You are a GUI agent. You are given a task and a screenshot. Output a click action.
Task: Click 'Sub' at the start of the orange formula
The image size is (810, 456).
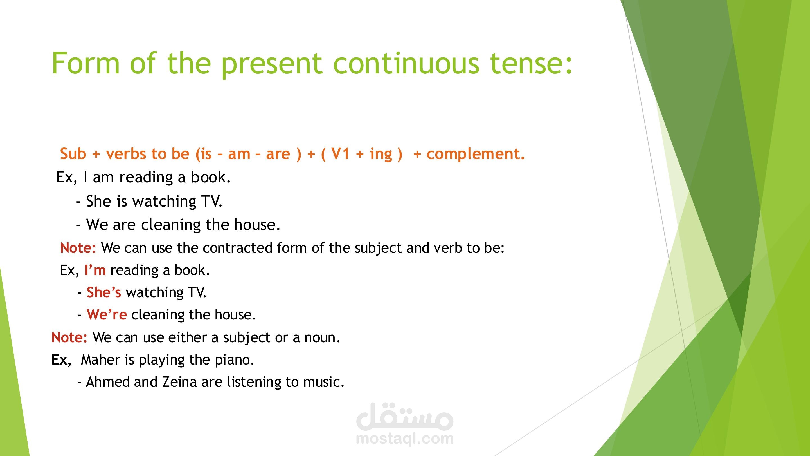click(73, 154)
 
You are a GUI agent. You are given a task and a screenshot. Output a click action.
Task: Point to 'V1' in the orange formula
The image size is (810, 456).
click(341, 154)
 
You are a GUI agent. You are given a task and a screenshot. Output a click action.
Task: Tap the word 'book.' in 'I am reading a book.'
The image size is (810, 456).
click(211, 177)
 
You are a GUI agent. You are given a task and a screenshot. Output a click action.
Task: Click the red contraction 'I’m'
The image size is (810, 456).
click(95, 270)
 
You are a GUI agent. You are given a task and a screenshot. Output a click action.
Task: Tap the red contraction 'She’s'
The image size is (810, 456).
click(104, 292)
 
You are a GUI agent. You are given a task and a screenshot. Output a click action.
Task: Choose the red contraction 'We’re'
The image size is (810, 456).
click(107, 315)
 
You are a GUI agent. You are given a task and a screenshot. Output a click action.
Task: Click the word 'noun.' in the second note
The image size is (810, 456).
click(322, 338)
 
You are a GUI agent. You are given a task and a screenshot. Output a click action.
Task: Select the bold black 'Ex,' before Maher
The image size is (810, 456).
click(62, 360)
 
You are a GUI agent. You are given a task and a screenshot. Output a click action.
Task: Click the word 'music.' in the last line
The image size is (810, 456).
click(324, 382)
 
